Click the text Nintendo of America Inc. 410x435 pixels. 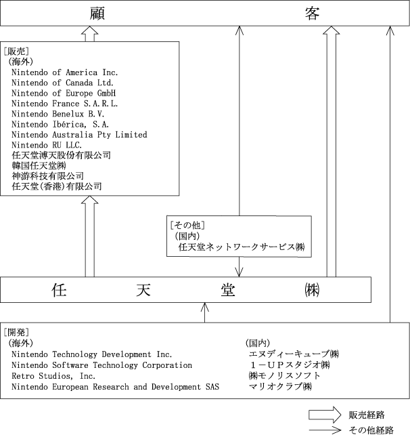click(65, 72)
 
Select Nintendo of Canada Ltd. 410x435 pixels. click(63, 83)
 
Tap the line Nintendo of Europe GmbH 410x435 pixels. click(64, 94)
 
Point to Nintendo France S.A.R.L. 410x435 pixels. click(65, 104)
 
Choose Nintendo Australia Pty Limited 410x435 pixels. click(80, 135)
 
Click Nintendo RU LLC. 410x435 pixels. click(47, 145)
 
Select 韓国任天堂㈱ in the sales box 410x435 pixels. click(39, 166)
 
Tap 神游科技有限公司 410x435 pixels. click(47, 176)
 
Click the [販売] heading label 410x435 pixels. click(16, 51)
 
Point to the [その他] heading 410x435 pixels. click(187, 225)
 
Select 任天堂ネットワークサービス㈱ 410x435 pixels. click(242, 247)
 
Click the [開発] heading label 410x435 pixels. click(16, 333)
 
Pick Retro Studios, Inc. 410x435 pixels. click(53, 376)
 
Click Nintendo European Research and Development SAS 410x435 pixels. click(116, 387)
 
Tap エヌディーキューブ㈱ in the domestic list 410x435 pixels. click(294, 354)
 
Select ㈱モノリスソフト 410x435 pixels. click(285, 375)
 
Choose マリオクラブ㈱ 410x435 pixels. click(280, 386)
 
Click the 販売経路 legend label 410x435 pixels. click(367, 415)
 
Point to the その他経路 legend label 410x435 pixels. click(371, 430)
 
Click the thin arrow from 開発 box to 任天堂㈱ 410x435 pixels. click(205, 312)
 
